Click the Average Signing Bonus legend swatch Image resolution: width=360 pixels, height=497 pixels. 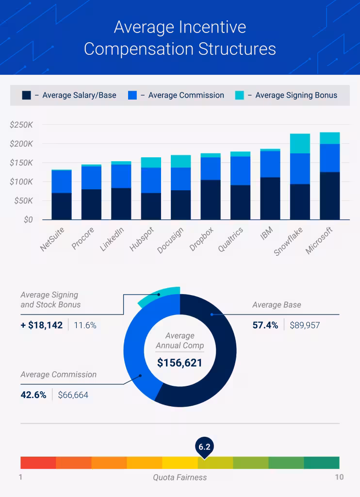coord(240,95)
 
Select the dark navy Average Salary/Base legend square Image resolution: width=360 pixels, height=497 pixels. coord(27,95)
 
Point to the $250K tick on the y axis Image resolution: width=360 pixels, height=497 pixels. coord(21,125)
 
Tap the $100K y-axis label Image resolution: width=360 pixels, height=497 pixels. coord(21,182)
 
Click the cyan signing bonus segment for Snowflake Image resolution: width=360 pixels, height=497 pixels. coord(300,144)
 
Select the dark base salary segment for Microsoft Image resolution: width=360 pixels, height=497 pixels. coord(329,196)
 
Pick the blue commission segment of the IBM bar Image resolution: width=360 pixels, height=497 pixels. coord(270,164)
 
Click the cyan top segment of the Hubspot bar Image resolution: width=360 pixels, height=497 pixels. coord(151,162)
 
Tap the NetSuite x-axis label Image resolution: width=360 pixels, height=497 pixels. coord(52,239)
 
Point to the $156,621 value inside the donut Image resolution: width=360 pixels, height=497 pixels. coord(180,363)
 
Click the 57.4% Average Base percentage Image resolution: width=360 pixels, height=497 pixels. coord(265,325)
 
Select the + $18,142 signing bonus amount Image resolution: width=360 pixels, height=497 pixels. coord(42,325)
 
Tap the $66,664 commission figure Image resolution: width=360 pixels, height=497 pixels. coord(73,395)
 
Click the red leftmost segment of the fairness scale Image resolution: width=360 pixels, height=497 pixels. coord(38,463)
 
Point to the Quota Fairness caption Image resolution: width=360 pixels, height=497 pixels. coord(180,477)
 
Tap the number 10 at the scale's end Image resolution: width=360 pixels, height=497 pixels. coord(339,477)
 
